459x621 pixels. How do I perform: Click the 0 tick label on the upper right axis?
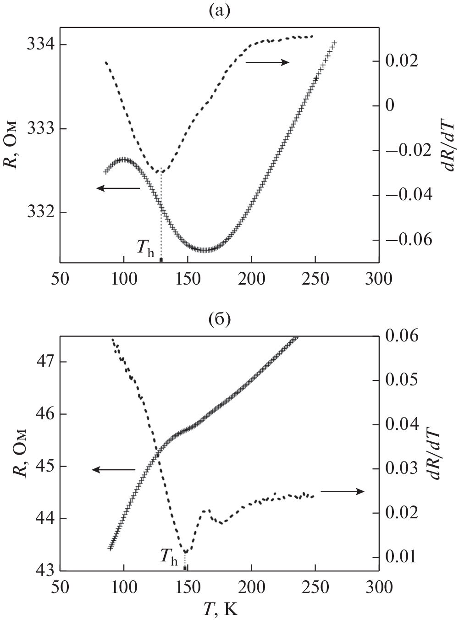point(390,106)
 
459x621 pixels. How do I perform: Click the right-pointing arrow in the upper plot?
point(267,62)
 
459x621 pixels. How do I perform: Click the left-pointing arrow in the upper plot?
point(118,188)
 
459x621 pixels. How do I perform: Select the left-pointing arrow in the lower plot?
point(114,469)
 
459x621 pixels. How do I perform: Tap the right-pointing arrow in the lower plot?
point(342,491)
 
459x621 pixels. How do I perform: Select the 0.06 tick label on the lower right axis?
point(402,336)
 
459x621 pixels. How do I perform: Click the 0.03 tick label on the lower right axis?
point(402,469)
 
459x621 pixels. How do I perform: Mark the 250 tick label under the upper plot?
point(315,279)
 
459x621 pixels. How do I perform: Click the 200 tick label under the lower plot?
point(251,587)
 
